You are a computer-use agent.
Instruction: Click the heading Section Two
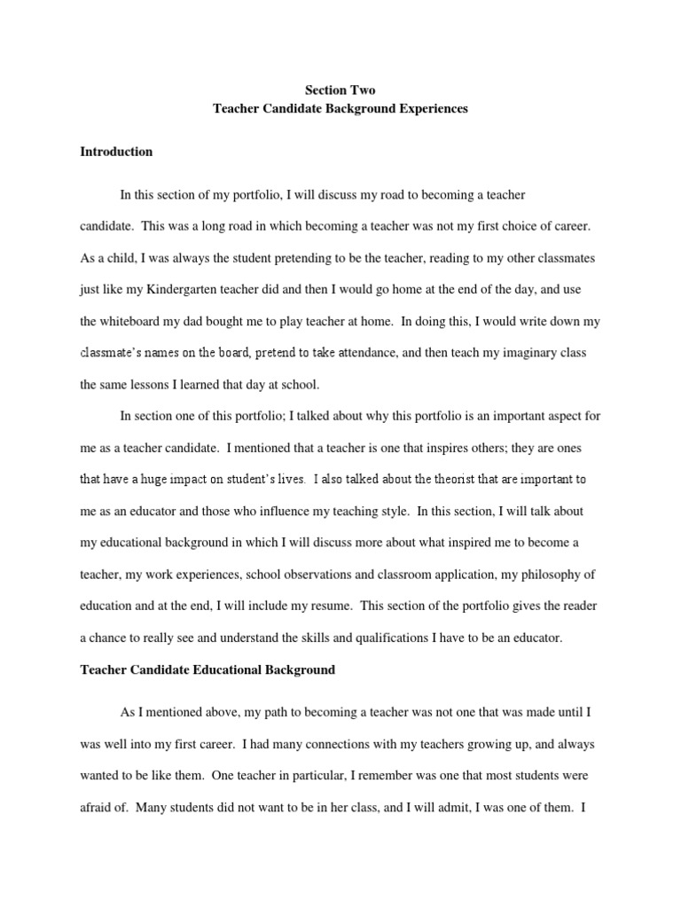click(x=340, y=90)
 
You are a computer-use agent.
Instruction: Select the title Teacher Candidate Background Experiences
click(x=340, y=109)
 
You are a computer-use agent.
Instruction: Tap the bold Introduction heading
click(x=116, y=152)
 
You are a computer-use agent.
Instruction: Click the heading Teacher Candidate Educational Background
click(x=207, y=670)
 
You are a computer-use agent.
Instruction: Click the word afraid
click(x=97, y=807)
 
